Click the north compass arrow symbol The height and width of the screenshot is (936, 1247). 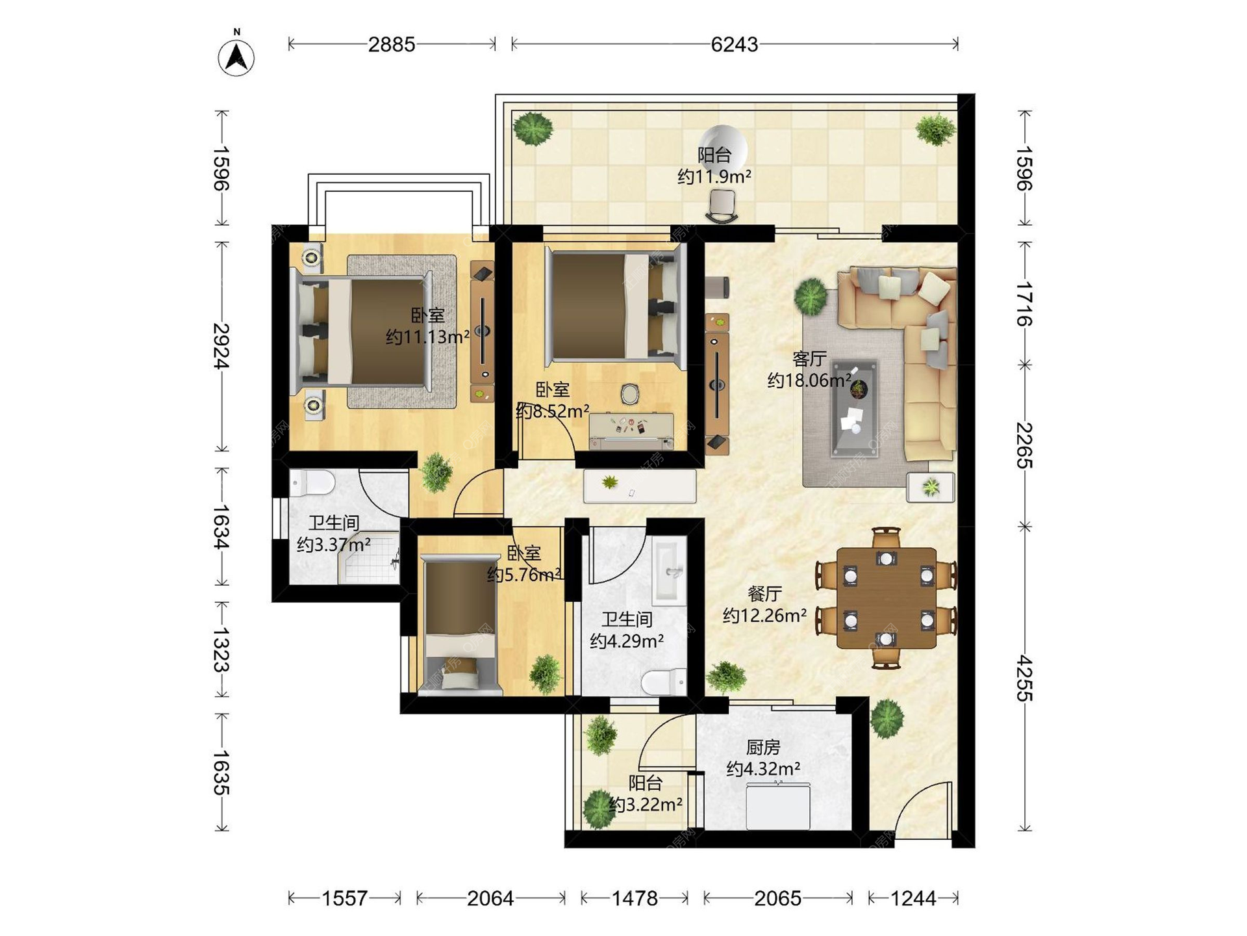[236, 57]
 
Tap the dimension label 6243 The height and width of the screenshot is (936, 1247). [734, 44]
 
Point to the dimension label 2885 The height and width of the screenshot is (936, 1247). [392, 44]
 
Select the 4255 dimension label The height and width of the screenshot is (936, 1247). [1024, 678]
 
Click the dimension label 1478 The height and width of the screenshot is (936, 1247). [635, 898]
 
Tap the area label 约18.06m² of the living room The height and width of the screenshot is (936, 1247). [809, 380]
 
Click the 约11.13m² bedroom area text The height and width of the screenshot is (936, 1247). [427, 337]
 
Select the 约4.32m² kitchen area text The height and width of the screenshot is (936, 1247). [763, 769]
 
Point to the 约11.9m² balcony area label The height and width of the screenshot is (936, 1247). [714, 176]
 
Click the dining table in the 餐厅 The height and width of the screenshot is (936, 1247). [887, 599]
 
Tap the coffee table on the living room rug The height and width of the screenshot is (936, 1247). [855, 408]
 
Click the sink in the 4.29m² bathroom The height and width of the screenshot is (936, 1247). [669, 570]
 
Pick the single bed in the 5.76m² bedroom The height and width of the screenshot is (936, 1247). [460, 625]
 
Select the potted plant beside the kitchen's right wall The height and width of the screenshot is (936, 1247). [887, 718]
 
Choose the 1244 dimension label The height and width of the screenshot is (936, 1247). [913, 898]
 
